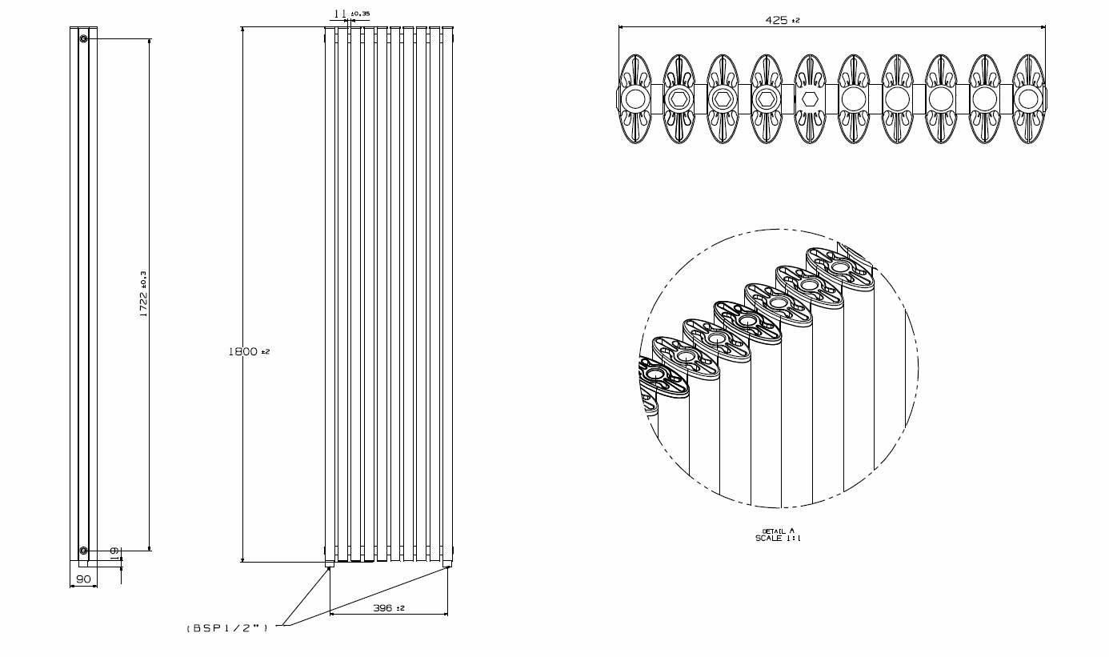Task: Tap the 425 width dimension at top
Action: [x=776, y=20]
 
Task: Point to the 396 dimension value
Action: [x=382, y=608]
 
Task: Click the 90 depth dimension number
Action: [x=82, y=579]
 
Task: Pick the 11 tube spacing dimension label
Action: [x=339, y=14]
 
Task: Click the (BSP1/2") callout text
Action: [x=227, y=628]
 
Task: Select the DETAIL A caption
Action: [x=778, y=531]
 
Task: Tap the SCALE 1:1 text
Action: [x=778, y=539]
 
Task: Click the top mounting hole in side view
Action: [x=83, y=38]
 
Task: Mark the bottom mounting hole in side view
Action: [x=83, y=550]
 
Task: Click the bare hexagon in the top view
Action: [x=810, y=98]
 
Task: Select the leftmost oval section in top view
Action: [x=635, y=98]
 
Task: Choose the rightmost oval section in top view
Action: [x=1028, y=98]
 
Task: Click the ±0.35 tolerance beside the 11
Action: [x=360, y=14]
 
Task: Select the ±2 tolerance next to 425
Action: [x=795, y=21]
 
